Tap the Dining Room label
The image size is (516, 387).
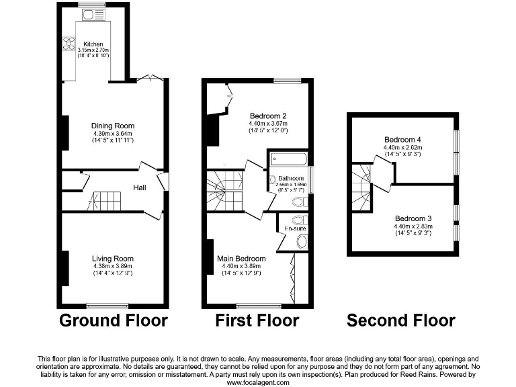[114, 126]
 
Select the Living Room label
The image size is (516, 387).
[114, 259]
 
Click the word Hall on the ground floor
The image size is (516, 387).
[139, 188]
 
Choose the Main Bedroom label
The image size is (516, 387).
[241, 259]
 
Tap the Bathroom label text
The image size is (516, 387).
[290, 178]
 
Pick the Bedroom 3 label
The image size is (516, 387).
[413, 218]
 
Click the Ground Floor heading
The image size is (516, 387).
[114, 320]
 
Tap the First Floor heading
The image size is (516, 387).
[257, 320]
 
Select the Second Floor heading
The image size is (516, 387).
[400, 320]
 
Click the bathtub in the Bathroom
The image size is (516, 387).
[289, 160]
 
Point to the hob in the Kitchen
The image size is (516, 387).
[69, 44]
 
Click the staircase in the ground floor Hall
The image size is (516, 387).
[104, 200]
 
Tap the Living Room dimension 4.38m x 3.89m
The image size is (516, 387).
[114, 266]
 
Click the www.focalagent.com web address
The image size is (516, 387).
[258, 382]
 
